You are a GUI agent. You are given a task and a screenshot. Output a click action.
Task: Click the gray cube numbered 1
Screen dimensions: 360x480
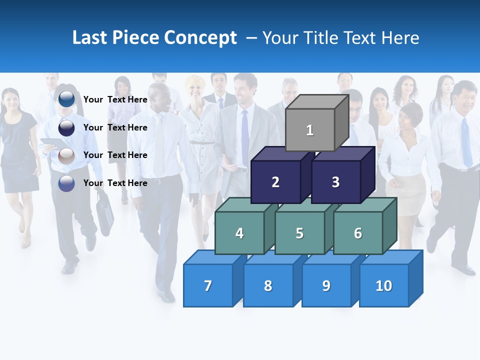pos(310,130)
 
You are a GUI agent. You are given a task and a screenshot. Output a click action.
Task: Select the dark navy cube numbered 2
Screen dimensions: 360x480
pos(275,182)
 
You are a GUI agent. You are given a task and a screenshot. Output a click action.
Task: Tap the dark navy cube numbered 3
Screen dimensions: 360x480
pos(335,182)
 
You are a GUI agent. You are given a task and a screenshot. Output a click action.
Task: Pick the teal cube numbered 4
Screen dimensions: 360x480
pos(239,233)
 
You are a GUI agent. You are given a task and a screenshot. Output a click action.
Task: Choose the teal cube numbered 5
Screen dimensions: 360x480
pos(299,233)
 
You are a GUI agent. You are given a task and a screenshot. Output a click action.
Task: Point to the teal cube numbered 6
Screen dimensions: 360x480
pos(358,233)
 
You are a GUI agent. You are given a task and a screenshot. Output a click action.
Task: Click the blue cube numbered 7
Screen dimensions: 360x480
pos(208,285)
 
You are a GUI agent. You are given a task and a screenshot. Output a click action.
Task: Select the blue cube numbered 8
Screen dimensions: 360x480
pos(268,285)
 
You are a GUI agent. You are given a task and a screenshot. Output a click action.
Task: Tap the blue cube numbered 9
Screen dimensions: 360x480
pos(326,285)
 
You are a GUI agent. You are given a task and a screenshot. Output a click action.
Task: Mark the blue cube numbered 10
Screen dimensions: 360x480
pos(383,285)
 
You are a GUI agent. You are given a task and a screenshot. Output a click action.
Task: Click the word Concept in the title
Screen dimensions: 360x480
pos(200,38)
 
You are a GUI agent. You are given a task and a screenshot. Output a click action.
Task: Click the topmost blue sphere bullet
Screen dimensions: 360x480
pos(66,99)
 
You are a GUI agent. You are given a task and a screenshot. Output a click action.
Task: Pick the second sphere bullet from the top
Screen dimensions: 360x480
pos(66,127)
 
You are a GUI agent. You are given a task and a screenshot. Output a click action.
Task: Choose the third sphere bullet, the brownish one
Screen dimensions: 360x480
pos(66,155)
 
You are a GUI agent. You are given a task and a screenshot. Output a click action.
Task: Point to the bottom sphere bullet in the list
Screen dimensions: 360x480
pos(66,183)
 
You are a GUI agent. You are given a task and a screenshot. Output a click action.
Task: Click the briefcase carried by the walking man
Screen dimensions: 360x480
pos(105,213)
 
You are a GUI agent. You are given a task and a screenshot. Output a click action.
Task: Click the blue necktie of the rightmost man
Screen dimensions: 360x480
pos(466,142)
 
